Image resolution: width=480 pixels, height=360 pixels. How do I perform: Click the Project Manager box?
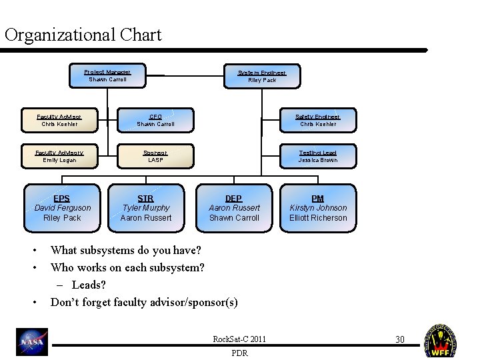click(107, 75)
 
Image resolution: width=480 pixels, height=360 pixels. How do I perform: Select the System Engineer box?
click(262, 76)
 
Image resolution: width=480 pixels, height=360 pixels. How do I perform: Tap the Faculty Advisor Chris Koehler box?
click(59, 120)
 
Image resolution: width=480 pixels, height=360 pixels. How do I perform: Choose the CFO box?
click(155, 120)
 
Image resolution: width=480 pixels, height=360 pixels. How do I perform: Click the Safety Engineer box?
click(318, 120)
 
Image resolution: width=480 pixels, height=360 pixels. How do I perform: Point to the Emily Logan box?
click(59, 156)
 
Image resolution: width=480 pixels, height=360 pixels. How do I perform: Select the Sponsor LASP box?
click(155, 156)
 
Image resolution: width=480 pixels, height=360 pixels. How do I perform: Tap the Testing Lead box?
click(318, 156)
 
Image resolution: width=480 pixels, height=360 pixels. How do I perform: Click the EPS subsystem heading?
click(62, 198)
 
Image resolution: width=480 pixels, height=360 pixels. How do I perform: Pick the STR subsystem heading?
click(145, 198)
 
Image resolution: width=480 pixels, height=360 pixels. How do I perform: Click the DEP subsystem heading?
click(234, 198)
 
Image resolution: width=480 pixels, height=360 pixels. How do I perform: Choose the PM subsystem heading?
click(318, 198)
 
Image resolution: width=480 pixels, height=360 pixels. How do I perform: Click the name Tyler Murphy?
click(145, 208)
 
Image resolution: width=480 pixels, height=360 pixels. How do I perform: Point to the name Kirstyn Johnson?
click(318, 208)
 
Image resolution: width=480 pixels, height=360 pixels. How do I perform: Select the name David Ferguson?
click(62, 208)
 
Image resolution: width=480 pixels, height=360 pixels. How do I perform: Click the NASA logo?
click(32, 342)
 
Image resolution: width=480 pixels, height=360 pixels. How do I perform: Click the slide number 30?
click(400, 340)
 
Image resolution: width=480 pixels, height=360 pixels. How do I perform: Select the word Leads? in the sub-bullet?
click(89, 285)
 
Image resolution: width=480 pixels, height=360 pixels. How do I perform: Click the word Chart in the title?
click(141, 35)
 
